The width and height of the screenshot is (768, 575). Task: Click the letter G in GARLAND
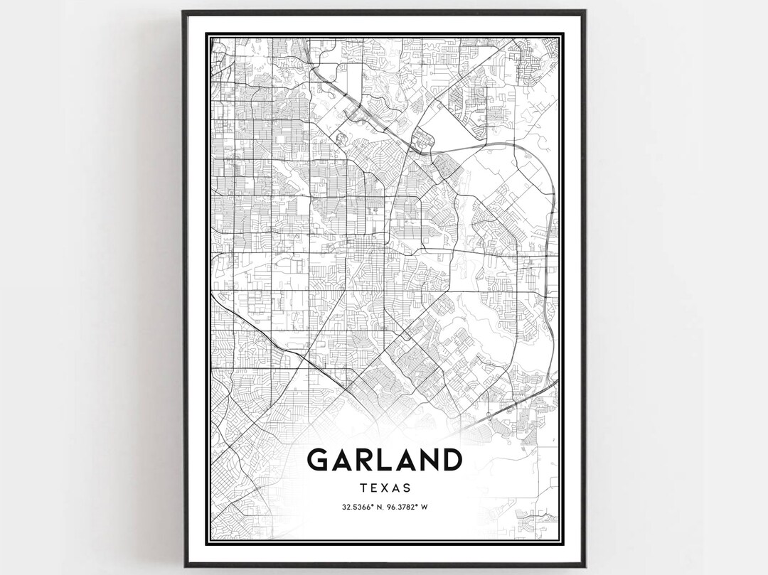318,460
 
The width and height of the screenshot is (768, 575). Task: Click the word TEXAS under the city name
385,488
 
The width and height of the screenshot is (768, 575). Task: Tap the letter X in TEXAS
385,488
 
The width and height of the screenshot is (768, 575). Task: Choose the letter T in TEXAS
363,488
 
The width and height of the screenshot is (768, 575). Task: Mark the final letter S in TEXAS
407,488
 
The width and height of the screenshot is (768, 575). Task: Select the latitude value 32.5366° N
355,507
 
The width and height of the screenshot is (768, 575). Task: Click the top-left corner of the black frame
183,11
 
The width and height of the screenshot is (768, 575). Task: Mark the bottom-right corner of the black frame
585,566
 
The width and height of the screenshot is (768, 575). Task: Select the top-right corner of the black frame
585,11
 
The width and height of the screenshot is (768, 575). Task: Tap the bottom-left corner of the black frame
183,566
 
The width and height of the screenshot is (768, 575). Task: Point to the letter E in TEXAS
374,488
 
